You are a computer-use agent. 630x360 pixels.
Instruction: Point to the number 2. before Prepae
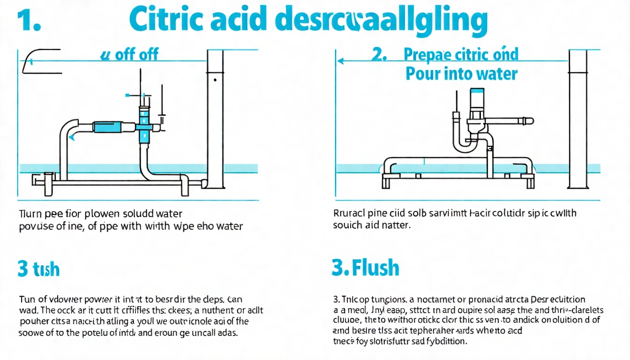(379, 54)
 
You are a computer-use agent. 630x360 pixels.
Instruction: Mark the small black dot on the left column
(215, 80)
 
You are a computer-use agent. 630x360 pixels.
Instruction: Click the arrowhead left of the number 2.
(341, 61)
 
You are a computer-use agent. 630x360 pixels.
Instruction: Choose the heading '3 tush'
(38, 270)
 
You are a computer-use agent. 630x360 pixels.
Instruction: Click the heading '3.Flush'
(365, 268)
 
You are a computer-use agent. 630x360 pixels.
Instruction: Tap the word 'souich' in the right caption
(347, 225)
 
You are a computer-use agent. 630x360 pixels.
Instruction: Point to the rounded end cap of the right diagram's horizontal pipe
(530, 121)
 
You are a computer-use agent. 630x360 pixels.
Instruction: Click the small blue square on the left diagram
(127, 95)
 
